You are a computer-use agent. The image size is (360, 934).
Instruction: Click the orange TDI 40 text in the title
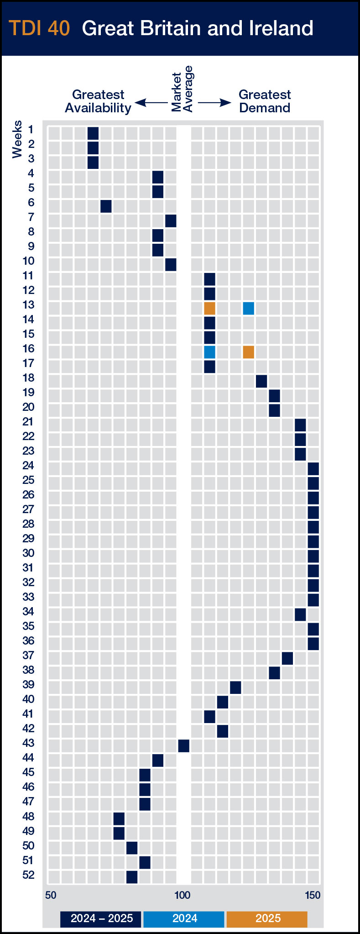[x=39, y=28]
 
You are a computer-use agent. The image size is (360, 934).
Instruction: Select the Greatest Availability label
[x=98, y=101]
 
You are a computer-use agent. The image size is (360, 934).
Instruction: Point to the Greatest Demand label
[x=265, y=101]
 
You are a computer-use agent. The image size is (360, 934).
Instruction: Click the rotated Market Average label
[x=183, y=89]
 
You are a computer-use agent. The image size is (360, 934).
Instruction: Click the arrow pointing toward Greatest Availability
[x=151, y=103]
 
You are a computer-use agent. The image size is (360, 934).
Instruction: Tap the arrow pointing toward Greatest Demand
[x=215, y=103]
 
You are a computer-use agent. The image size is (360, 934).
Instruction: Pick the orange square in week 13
[x=209, y=308]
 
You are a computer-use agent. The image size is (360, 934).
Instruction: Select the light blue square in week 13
[x=248, y=308]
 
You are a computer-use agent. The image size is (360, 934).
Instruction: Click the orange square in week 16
[x=248, y=352]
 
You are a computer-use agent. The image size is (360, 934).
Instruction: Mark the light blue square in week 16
[x=209, y=352]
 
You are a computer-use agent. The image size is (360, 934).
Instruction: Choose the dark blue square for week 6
[x=106, y=206]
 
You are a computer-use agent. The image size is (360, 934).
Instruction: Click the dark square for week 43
[x=183, y=746]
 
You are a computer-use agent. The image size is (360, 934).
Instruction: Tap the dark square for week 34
[x=300, y=614]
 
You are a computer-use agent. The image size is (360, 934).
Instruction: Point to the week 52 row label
[x=28, y=875]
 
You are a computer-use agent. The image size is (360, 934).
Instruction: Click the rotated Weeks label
[x=17, y=139]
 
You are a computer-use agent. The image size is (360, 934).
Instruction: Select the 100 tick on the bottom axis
[x=183, y=895]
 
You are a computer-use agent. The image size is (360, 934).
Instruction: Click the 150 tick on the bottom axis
[x=313, y=895]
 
